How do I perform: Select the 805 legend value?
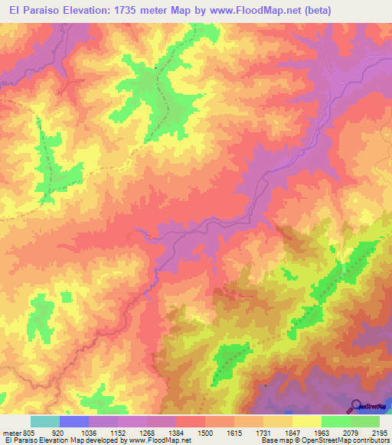(x=28, y=432)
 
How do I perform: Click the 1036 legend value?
(x=89, y=432)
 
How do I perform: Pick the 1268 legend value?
(x=147, y=432)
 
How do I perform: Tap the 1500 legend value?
(x=205, y=432)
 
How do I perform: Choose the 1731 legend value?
(x=263, y=432)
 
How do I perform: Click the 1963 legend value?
(x=322, y=432)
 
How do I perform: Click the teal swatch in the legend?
(x=45, y=421)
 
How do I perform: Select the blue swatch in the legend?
(x=74, y=421)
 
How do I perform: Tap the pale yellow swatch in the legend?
(x=306, y=421)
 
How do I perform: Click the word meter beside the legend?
(x=9, y=432)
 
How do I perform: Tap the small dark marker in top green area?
(x=156, y=67)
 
